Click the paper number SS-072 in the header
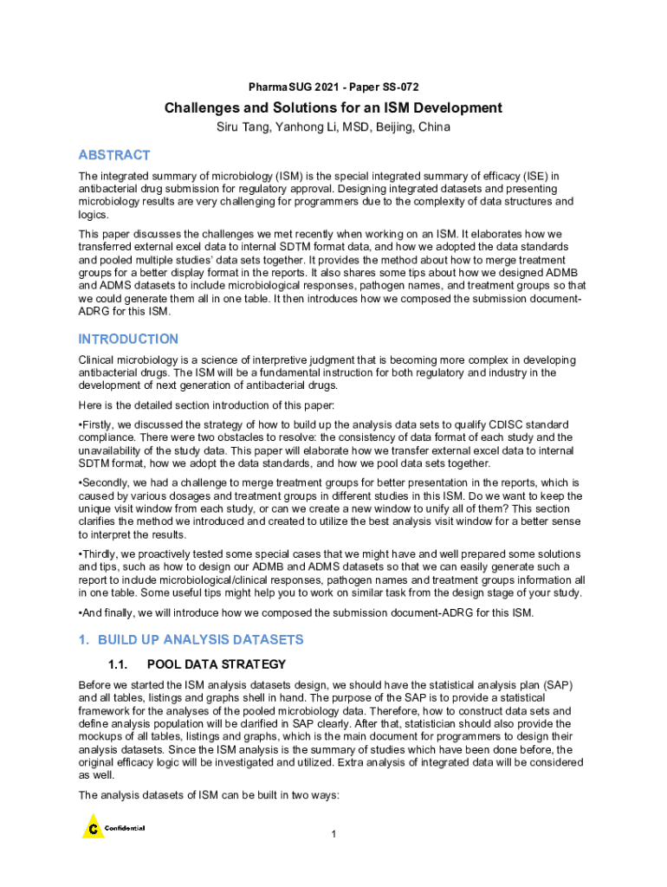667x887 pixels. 399,87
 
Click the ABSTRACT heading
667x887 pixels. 114,155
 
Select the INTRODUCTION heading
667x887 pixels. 128,339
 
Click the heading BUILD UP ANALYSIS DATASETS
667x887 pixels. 201,640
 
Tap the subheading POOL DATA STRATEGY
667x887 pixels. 217,664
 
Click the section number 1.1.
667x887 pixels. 115,664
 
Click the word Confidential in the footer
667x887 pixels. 125,828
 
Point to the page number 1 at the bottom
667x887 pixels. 333,834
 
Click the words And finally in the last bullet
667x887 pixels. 107,612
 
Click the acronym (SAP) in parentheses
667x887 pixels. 558,684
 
